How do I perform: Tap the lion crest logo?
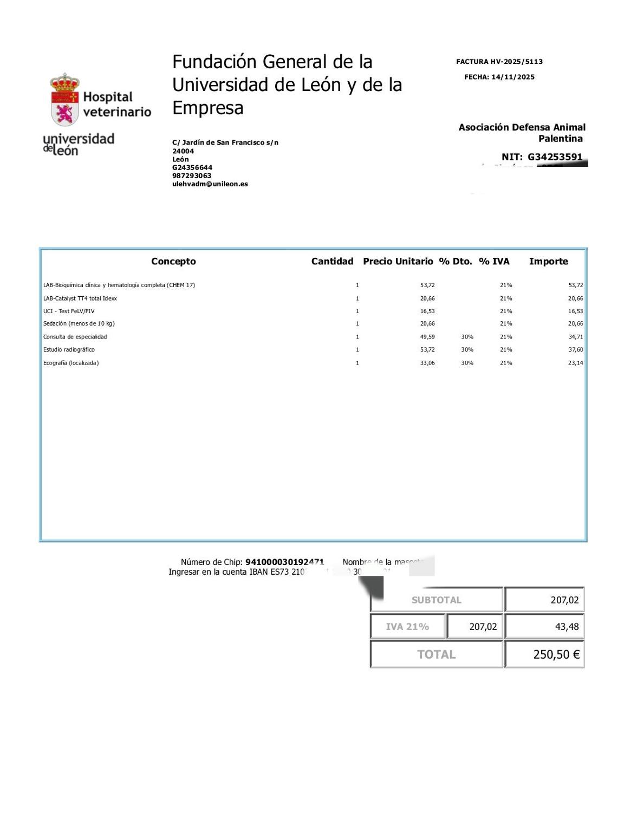(64, 101)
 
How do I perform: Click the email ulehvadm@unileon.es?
(210, 184)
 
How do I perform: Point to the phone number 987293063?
(192, 175)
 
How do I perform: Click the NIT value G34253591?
(555, 157)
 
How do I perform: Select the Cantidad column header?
(332, 262)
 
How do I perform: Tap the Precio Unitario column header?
(398, 262)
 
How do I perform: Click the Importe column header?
(548, 262)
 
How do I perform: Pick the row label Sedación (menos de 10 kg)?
(79, 324)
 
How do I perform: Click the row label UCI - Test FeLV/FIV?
(69, 311)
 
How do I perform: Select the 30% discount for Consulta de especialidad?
(467, 337)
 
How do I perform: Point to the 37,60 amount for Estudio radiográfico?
(575, 350)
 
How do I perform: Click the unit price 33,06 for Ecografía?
(427, 363)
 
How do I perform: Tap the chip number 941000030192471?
(284, 562)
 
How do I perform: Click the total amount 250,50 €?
(556, 654)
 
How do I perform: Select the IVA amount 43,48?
(567, 627)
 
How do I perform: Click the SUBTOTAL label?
(436, 600)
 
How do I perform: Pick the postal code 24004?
(183, 151)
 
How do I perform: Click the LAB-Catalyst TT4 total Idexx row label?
(80, 298)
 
